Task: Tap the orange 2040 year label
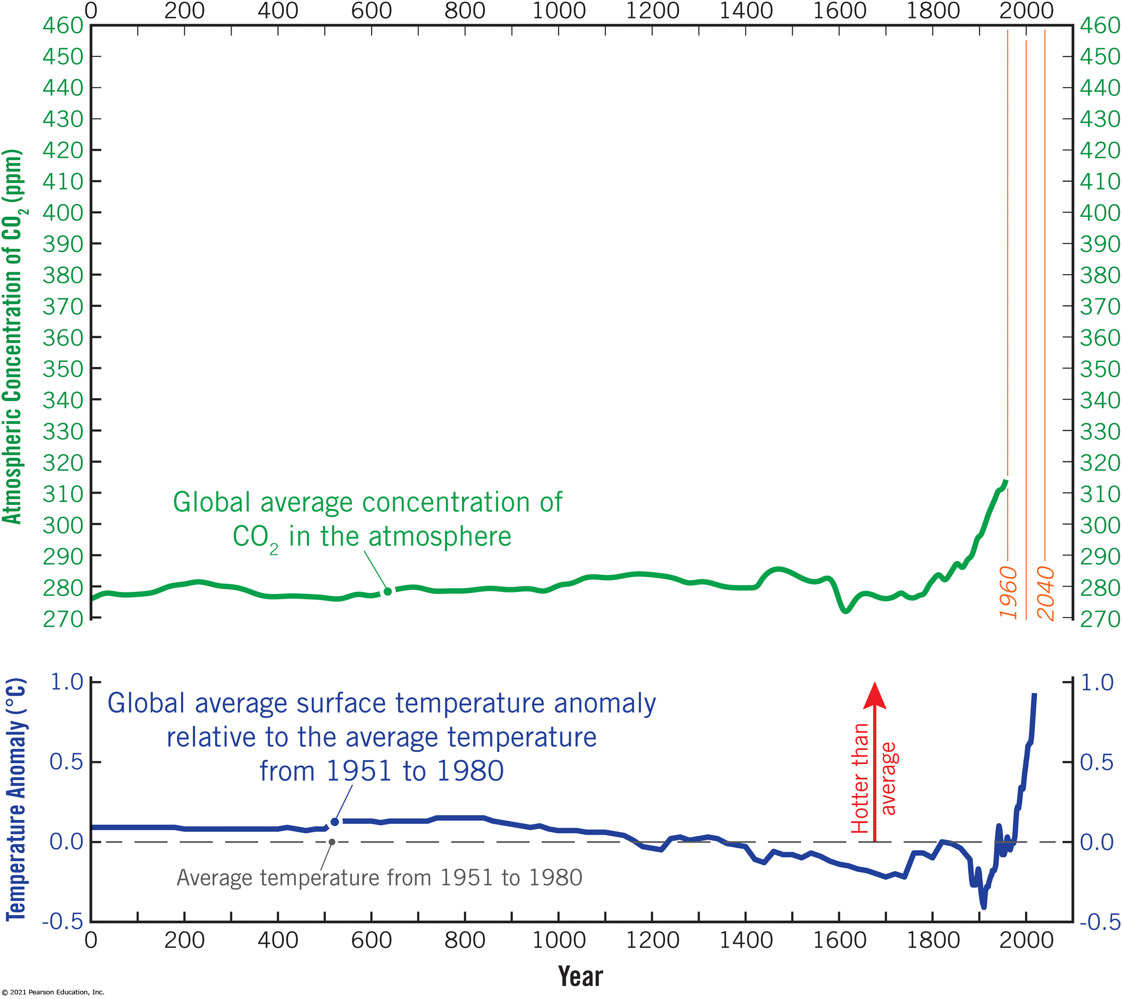(1045, 594)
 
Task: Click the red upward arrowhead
(874, 695)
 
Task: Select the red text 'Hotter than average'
(873, 778)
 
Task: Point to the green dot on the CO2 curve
(388, 591)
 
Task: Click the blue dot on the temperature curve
(335, 822)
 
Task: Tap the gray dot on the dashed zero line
(331, 842)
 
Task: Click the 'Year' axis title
(580, 976)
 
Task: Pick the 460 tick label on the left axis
(62, 25)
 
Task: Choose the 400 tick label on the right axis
(1099, 213)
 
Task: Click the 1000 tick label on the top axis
(559, 10)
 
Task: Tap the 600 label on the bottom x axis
(371, 940)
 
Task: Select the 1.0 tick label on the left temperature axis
(66, 682)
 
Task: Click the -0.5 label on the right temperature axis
(1099, 922)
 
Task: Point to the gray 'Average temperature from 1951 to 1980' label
(379, 878)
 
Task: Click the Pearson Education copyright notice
(53, 992)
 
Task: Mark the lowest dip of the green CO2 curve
(845, 611)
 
